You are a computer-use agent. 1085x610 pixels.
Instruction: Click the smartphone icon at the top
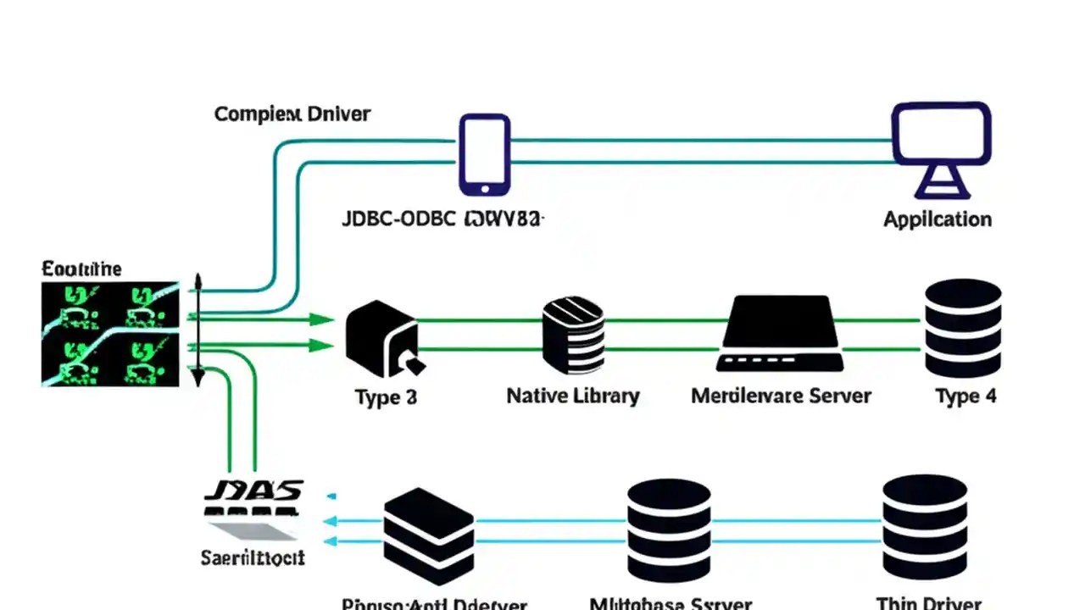tap(485, 154)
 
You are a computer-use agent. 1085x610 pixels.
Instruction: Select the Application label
tap(937, 219)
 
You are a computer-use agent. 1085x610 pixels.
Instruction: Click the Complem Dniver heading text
tap(292, 114)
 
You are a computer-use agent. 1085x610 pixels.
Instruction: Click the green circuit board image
tap(110, 335)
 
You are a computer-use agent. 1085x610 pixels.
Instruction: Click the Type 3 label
tap(386, 396)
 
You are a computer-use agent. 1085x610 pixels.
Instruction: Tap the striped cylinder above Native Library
tap(573, 336)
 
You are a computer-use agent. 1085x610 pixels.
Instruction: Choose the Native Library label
tap(572, 396)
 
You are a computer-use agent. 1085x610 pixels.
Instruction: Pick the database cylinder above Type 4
tap(963, 328)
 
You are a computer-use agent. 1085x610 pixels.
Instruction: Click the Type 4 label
tap(965, 396)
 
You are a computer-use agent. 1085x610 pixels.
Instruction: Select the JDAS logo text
tap(254, 491)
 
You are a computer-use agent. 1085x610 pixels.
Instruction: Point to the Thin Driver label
tap(929, 603)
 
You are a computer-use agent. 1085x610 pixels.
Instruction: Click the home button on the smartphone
tap(485, 188)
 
